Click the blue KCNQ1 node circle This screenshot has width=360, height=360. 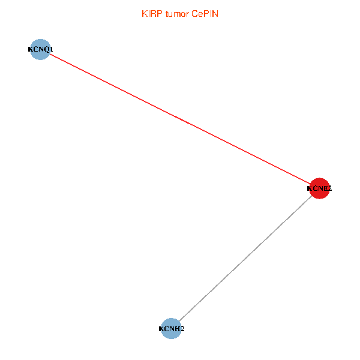[x=40, y=49]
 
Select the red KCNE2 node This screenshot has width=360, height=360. [x=319, y=188]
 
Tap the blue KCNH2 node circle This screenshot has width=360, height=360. [x=172, y=329]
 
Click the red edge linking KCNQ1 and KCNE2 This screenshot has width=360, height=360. [x=180, y=119]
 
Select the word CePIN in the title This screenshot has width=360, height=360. [x=205, y=14]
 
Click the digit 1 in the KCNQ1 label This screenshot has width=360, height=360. [x=52, y=49]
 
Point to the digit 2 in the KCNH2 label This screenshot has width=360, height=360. [x=182, y=329]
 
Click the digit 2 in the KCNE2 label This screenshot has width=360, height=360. [x=329, y=188]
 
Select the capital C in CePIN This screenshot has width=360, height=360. [x=195, y=14]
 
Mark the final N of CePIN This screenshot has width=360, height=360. [x=215, y=14]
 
